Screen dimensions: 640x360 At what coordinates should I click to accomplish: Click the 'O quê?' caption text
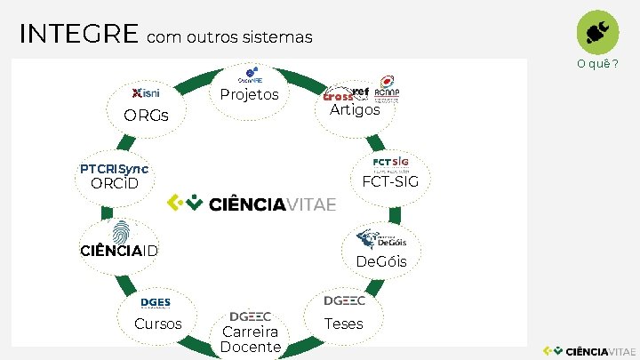tap(597, 64)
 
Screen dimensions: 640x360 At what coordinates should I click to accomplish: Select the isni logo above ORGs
tap(146, 93)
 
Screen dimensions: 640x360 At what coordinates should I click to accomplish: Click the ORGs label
tap(146, 116)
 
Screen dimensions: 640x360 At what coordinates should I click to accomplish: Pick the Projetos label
tap(250, 94)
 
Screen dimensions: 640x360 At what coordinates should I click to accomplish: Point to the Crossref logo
tap(347, 92)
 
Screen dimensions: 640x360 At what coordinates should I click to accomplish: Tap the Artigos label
tap(355, 110)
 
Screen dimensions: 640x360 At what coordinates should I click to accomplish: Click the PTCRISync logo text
tap(114, 169)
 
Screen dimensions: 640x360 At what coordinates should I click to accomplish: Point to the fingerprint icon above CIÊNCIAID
tap(122, 230)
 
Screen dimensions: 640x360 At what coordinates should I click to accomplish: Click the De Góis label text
tap(381, 261)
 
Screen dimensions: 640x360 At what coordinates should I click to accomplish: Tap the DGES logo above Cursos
tap(156, 303)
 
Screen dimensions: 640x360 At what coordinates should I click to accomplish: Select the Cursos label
tap(157, 324)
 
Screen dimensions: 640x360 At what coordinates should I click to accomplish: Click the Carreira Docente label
tap(251, 339)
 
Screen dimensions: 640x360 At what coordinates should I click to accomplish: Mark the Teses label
tap(344, 324)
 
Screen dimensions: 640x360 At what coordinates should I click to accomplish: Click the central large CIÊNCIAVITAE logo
tap(252, 204)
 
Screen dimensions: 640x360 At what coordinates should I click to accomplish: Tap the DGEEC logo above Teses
tap(344, 301)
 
